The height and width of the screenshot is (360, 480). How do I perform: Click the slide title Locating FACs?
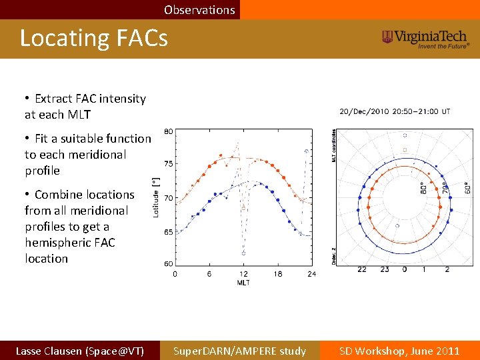[93, 39]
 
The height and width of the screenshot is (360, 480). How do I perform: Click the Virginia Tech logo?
[425, 39]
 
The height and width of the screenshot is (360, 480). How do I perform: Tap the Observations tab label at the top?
[199, 10]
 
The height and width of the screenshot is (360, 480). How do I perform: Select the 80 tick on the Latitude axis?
[169, 131]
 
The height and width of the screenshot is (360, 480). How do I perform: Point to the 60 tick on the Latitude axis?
[169, 263]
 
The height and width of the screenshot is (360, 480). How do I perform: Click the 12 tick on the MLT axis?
[243, 274]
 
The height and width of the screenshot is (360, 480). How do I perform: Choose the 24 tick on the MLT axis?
[312, 274]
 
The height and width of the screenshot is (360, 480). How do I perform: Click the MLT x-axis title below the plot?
[243, 283]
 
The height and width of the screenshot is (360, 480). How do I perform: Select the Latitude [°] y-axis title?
[156, 197]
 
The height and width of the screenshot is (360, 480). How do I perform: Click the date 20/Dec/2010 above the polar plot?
[364, 111]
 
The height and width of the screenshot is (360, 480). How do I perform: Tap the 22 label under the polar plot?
[361, 269]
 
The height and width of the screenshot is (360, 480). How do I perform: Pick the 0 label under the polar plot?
[404, 269]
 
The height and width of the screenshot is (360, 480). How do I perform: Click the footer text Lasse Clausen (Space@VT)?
[79, 351]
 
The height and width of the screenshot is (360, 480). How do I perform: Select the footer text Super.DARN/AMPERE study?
[239, 351]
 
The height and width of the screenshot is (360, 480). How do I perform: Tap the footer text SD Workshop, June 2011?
[399, 351]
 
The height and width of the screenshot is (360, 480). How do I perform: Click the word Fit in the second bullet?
[41, 139]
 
